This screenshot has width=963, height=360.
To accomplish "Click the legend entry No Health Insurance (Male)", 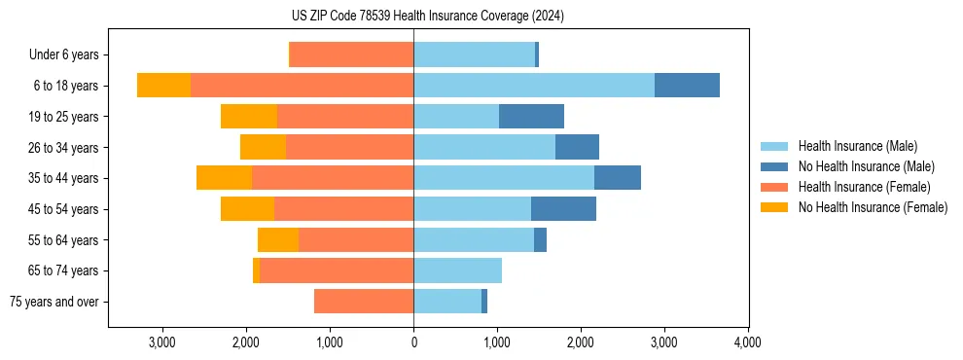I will point(866,166).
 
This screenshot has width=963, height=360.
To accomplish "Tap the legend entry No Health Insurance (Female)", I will point(873,207).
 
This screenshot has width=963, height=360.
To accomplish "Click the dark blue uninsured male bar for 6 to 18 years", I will point(687,86).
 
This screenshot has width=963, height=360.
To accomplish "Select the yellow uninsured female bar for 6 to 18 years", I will point(163,86).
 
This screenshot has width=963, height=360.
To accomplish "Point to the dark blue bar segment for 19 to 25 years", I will point(531,117).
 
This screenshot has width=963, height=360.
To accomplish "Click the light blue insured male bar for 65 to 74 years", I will point(457,270).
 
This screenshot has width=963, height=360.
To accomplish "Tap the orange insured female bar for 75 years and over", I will point(364,302).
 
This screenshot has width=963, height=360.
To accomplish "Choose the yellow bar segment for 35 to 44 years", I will point(224,178).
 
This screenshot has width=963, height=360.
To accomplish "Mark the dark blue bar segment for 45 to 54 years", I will point(563,209).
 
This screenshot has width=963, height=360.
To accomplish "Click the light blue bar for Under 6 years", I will point(474,54).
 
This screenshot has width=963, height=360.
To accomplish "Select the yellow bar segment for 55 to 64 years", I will point(278,239).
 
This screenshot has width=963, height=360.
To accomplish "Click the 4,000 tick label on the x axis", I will point(747,342).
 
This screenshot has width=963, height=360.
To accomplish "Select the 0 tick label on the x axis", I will point(413,342).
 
